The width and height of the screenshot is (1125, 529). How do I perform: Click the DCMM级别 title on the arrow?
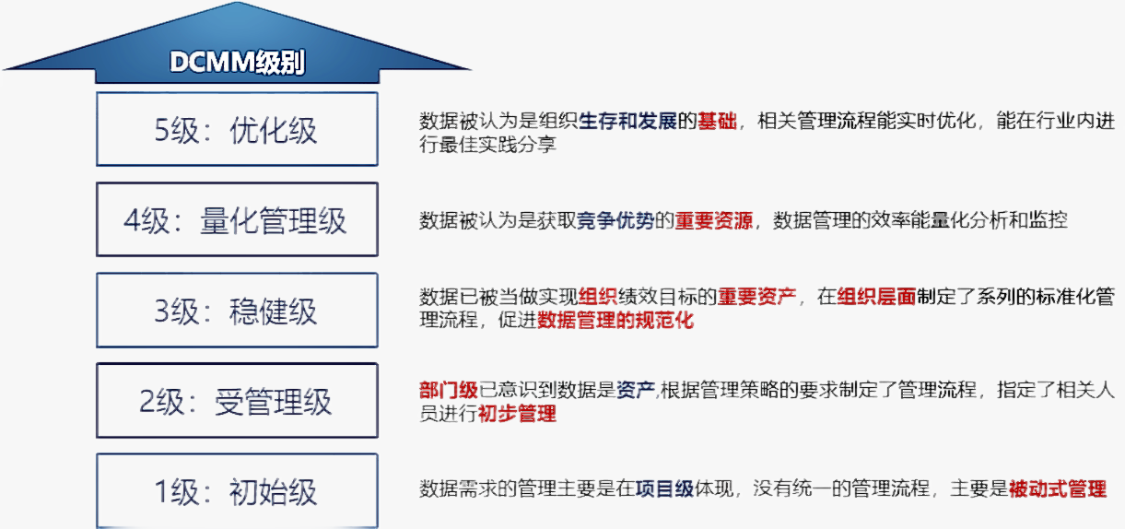(237, 63)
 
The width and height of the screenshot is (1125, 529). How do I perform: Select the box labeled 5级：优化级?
(237, 129)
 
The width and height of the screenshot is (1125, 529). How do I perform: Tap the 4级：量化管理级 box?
(237, 219)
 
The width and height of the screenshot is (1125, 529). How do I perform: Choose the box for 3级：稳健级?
(237, 310)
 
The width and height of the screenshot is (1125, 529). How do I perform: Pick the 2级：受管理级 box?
(237, 400)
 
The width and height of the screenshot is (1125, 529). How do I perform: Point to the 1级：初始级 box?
(237, 491)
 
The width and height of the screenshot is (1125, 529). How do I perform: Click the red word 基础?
(717, 121)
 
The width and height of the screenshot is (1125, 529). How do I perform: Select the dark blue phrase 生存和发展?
(627, 121)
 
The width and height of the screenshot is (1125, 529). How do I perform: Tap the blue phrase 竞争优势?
(615, 220)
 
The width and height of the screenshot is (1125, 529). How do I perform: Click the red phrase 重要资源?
(714, 220)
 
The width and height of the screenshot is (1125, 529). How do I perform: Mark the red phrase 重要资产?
(756, 297)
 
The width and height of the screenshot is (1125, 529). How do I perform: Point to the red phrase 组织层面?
(876, 297)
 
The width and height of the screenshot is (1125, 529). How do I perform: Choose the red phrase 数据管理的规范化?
(615, 320)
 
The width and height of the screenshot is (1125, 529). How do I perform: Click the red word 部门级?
(449, 390)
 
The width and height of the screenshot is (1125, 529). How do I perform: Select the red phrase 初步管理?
(517, 414)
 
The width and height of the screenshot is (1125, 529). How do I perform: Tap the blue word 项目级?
(664, 488)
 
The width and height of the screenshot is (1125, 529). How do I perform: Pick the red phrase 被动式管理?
(1057, 488)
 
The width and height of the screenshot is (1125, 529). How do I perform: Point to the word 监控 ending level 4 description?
(1048, 220)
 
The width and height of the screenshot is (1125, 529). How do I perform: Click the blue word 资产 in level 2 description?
(636, 390)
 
